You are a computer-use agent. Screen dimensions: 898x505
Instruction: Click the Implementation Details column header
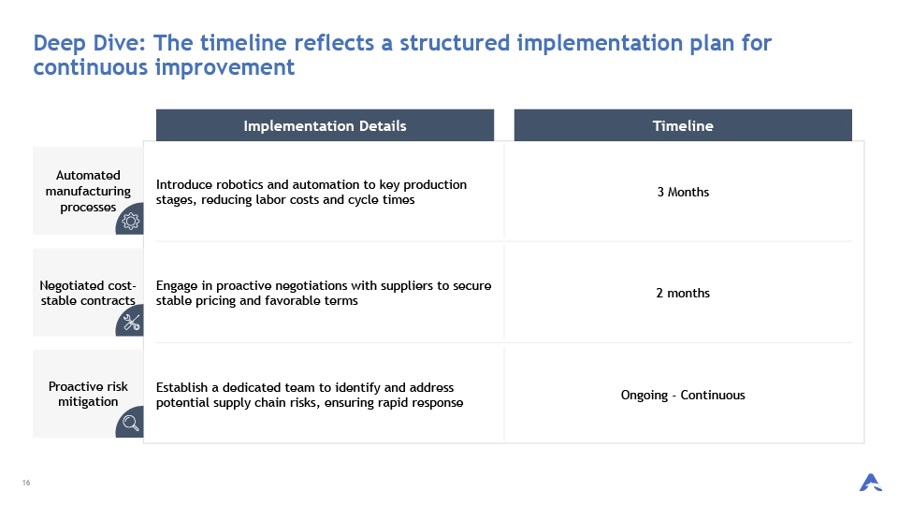(x=325, y=126)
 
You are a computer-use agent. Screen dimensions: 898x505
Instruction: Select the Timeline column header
(x=683, y=126)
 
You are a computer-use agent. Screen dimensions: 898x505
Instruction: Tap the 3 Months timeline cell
(x=683, y=193)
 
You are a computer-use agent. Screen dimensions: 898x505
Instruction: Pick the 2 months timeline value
(x=683, y=293)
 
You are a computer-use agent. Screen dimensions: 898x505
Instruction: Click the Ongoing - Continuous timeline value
(x=683, y=395)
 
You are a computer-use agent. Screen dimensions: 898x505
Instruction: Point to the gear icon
(x=131, y=221)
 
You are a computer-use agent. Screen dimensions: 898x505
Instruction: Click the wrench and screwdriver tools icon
(x=131, y=323)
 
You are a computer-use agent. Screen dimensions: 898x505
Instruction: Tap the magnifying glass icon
(x=131, y=423)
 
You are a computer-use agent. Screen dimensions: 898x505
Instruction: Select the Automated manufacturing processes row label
(x=88, y=191)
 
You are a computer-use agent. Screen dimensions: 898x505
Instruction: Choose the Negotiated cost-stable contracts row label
(x=88, y=293)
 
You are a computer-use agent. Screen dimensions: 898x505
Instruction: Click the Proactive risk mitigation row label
(x=88, y=394)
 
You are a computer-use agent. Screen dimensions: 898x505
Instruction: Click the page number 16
(x=26, y=483)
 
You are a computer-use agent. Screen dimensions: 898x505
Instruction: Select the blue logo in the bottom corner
(x=871, y=483)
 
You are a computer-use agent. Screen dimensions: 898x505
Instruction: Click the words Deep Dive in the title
(x=90, y=44)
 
